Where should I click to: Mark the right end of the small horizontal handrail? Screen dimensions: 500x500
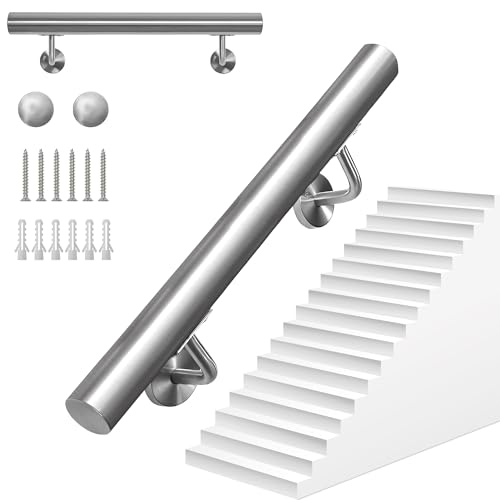click(x=257, y=22)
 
